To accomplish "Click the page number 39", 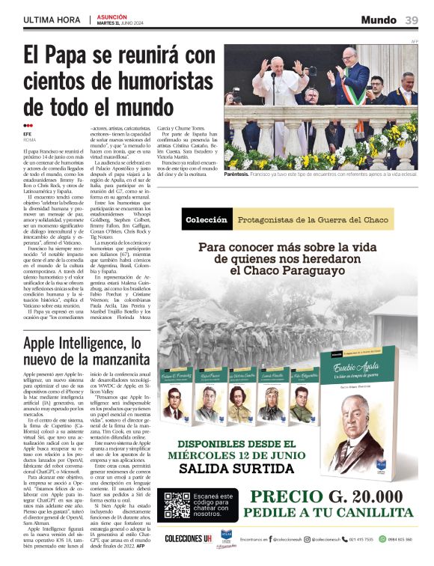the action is click(x=412, y=19).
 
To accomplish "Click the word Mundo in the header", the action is click(x=379, y=19).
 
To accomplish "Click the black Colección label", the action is click(x=206, y=220).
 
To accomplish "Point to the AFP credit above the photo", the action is click(x=414, y=41).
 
